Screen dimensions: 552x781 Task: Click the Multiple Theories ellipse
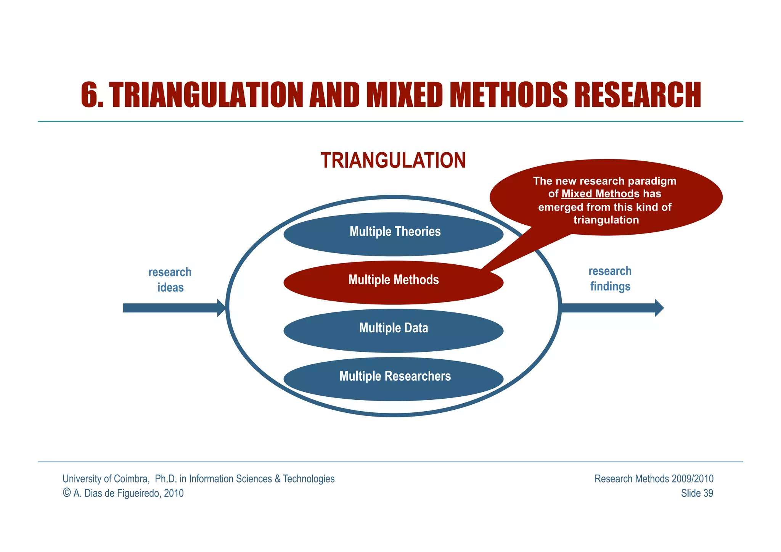click(393, 234)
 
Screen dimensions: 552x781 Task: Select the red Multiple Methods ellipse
click(393, 282)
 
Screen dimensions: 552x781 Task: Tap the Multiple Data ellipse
click(393, 330)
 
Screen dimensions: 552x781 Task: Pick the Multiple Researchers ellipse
click(393, 379)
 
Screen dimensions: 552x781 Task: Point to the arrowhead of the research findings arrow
click(659, 308)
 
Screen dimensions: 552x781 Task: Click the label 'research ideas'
click(170, 280)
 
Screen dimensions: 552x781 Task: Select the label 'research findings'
click(610, 278)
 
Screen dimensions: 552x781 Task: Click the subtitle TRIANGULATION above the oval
click(393, 160)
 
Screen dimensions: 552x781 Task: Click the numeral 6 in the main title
click(89, 95)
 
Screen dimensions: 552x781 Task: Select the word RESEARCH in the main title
click(638, 95)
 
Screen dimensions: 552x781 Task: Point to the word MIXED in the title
click(404, 95)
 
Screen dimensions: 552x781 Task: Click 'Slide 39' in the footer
click(697, 493)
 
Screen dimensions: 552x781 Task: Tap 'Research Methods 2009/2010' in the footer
click(654, 479)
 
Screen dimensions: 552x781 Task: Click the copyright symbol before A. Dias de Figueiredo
click(67, 493)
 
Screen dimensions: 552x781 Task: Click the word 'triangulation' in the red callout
click(606, 220)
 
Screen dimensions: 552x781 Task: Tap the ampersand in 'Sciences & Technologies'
click(277, 479)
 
